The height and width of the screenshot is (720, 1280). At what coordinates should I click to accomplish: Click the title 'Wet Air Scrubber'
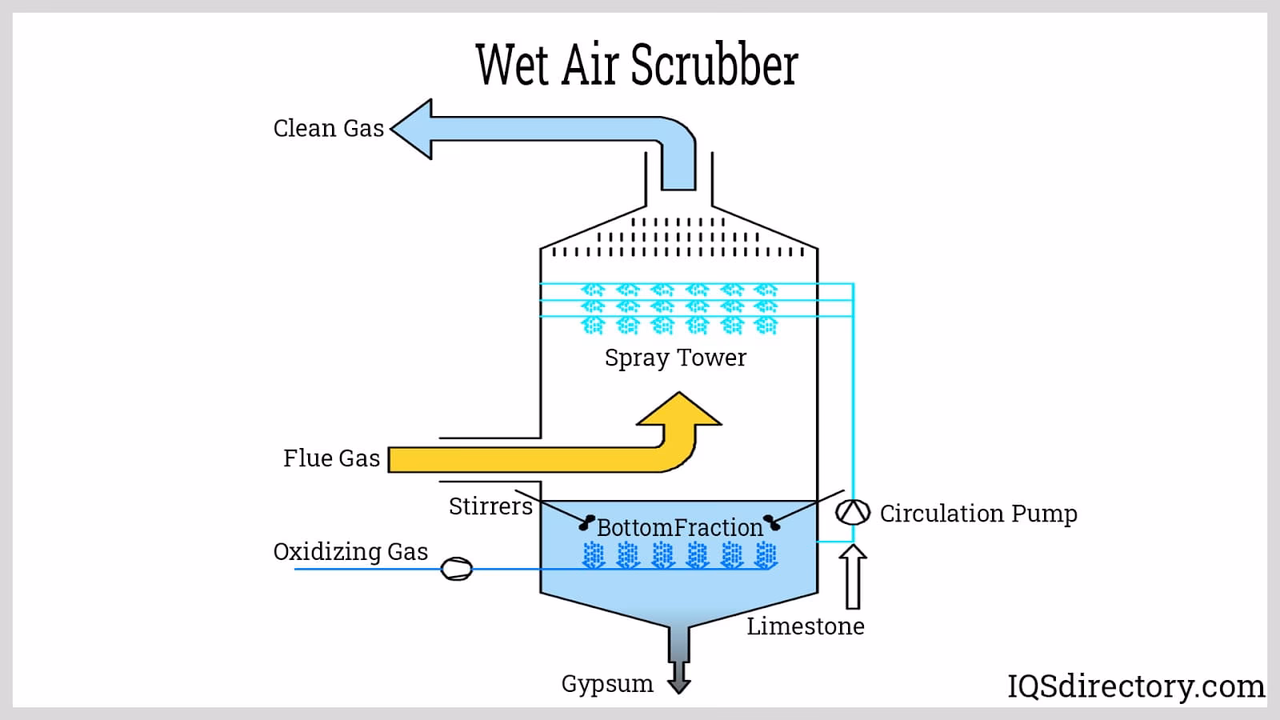pyautogui.click(x=636, y=66)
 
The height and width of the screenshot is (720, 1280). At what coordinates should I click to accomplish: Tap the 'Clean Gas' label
pyautogui.click(x=329, y=128)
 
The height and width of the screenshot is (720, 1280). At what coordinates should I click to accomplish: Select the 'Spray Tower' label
pyautogui.click(x=675, y=358)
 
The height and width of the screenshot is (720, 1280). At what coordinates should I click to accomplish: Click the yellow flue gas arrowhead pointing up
pyautogui.click(x=679, y=410)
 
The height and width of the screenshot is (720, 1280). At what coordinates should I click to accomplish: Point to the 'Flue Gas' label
pyautogui.click(x=331, y=458)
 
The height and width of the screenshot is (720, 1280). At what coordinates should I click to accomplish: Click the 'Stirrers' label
pyautogui.click(x=490, y=506)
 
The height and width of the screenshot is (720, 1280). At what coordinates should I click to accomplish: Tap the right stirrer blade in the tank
pyautogui.click(x=771, y=523)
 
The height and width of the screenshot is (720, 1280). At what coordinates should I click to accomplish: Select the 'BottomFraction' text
pyautogui.click(x=680, y=528)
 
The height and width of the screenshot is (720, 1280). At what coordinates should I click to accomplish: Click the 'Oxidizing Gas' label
pyautogui.click(x=350, y=552)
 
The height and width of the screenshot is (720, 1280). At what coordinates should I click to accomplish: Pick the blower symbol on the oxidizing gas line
pyautogui.click(x=457, y=569)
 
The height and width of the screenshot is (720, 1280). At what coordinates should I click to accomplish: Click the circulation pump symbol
pyautogui.click(x=852, y=512)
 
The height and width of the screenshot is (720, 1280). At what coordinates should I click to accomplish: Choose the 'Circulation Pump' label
pyautogui.click(x=978, y=514)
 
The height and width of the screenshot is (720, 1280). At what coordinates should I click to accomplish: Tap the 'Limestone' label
pyautogui.click(x=805, y=626)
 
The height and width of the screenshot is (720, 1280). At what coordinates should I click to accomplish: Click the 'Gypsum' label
pyautogui.click(x=607, y=684)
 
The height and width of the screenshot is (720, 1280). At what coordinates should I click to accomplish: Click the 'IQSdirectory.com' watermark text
pyautogui.click(x=1135, y=686)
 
